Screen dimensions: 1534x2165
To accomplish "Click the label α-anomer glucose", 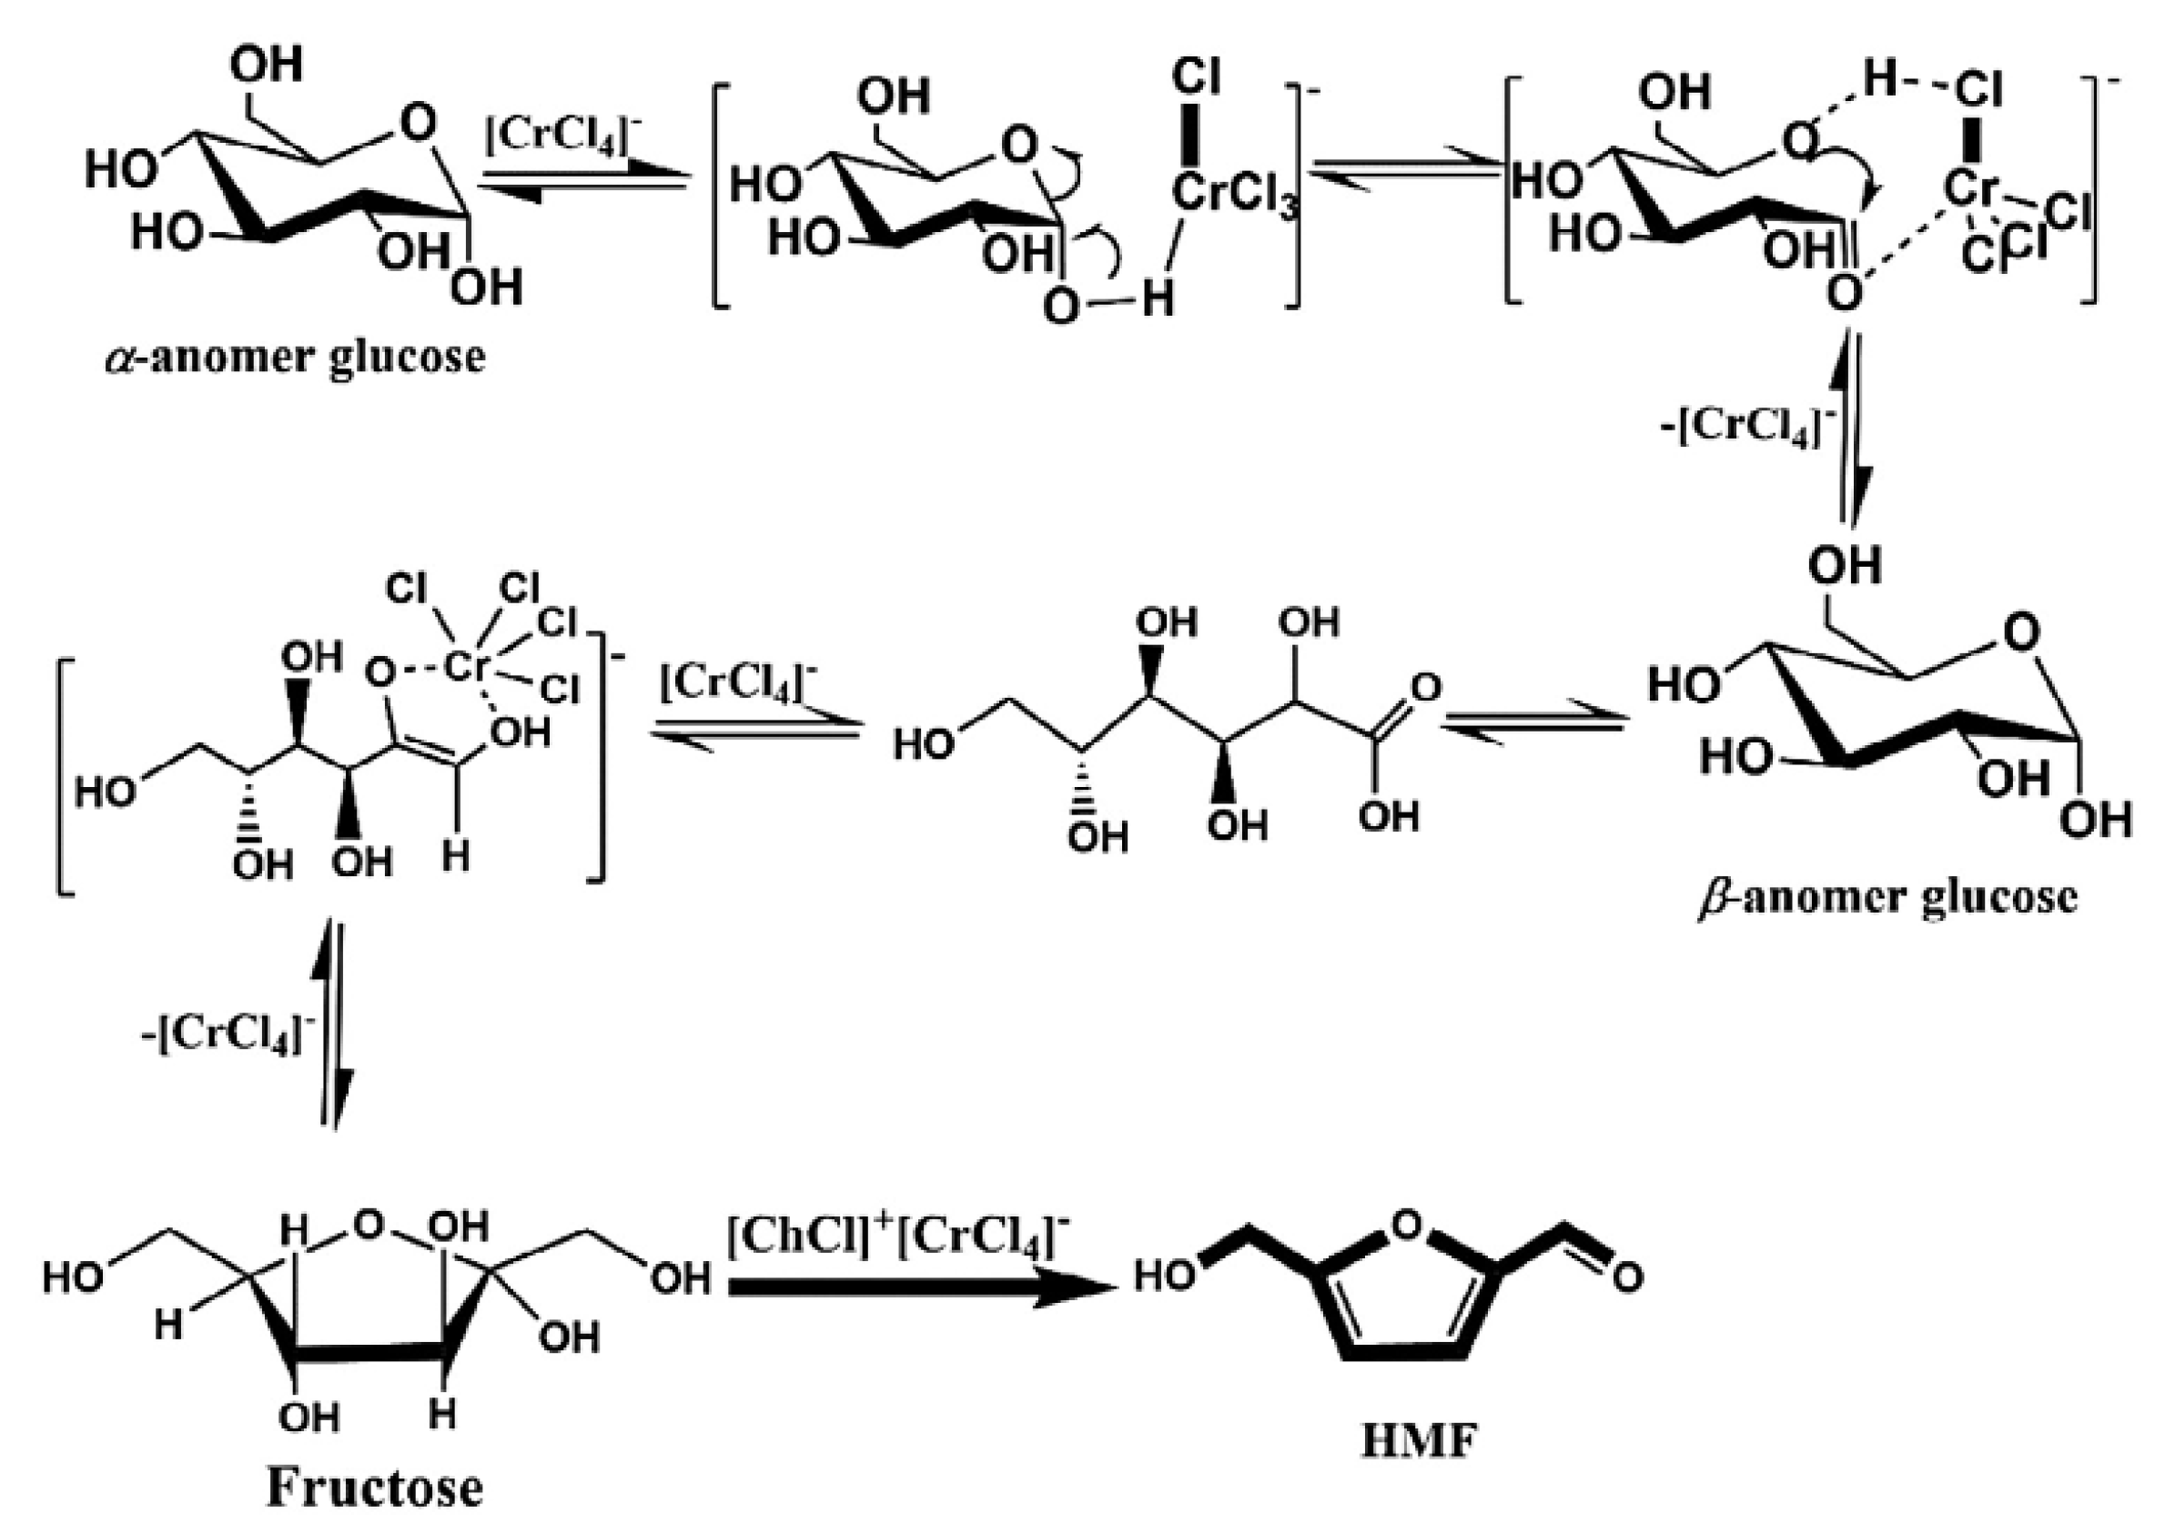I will pyautogui.click(x=295, y=358).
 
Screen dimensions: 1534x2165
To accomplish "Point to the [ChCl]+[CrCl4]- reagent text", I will pyautogui.click(x=899, y=1236).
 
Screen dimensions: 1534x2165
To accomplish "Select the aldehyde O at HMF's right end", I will pyautogui.click(x=1627, y=1278).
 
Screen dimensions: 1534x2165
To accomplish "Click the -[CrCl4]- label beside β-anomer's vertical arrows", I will pyautogui.click(x=1746, y=429).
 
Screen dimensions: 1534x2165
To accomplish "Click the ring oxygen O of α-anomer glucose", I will pyautogui.click(x=418, y=124).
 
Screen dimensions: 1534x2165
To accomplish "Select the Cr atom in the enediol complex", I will pyautogui.click(x=464, y=667).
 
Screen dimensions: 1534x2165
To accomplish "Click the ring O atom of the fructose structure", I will pyautogui.click(x=369, y=1226).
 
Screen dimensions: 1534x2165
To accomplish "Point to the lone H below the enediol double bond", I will pyautogui.click(x=456, y=857).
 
